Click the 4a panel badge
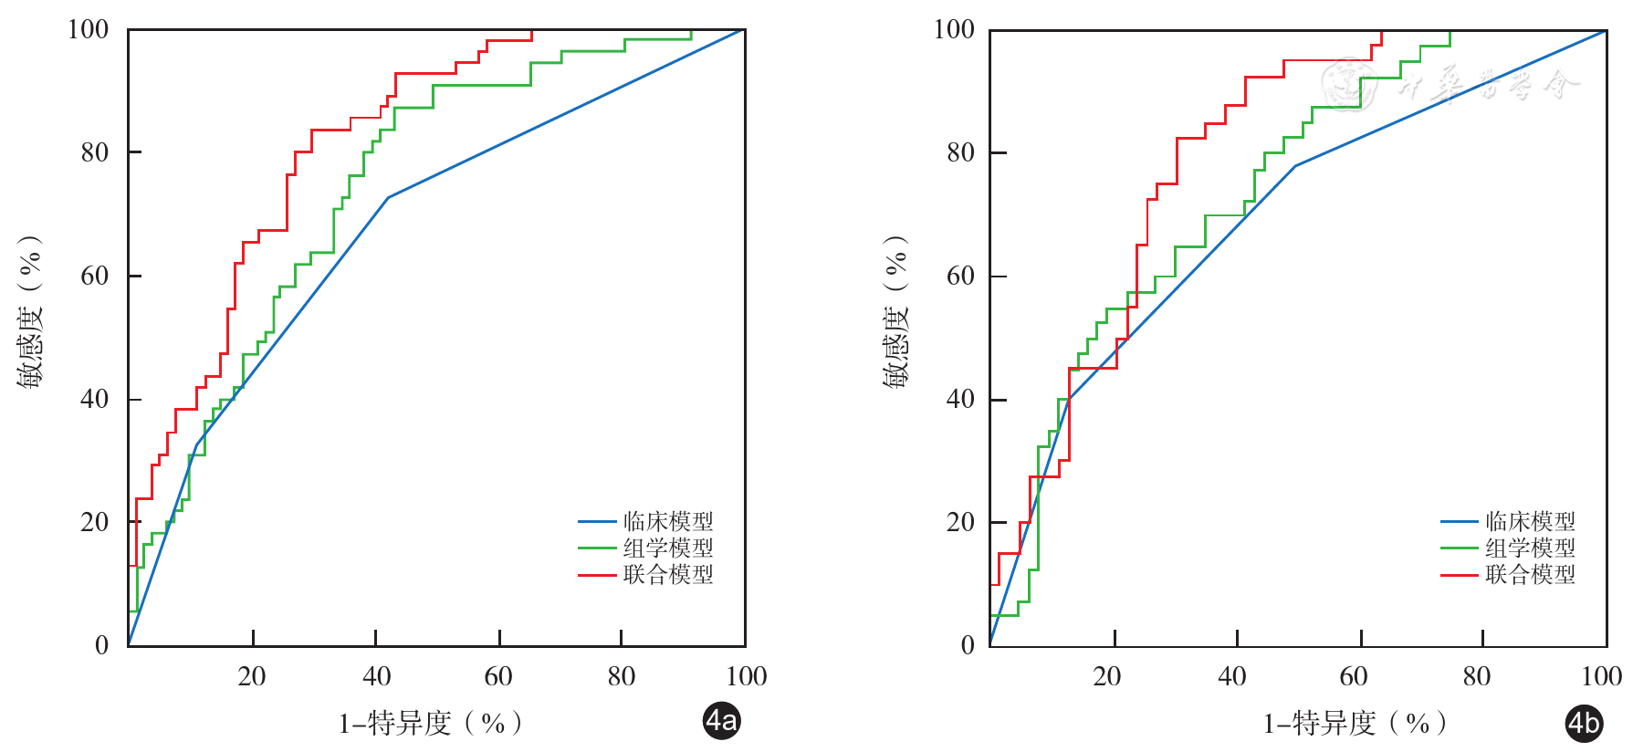click(721, 721)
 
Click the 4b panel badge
click(1584, 723)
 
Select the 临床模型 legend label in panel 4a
click(668, 521)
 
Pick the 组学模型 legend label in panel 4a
click(668, 548)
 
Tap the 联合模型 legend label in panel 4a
click(668, 574)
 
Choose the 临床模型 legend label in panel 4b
click(1530, 521)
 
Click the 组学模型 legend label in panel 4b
click(1530, 548)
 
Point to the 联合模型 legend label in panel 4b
click(1530, 574)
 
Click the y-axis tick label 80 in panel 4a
click(94, 152)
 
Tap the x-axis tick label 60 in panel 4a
click(498, 676)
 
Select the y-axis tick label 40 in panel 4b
click(960, 399)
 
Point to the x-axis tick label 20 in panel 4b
click(1107, 676)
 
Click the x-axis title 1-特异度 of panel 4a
click(430, 723)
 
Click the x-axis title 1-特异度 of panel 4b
click(1355, 723)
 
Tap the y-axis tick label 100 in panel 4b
click(954, 29)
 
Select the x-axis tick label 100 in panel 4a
click(746, 676)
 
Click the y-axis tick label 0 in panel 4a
click(101, 645)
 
